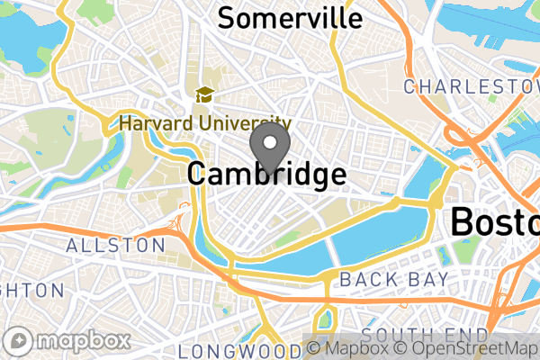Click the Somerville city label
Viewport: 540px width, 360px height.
290,17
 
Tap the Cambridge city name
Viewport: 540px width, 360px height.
266,174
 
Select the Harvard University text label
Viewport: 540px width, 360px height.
205,123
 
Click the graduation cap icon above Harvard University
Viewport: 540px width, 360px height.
204,94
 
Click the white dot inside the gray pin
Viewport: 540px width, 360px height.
269,140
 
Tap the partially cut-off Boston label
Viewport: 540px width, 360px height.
496,220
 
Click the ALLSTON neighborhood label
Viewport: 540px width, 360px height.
116,245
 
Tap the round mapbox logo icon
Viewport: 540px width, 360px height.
20,341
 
